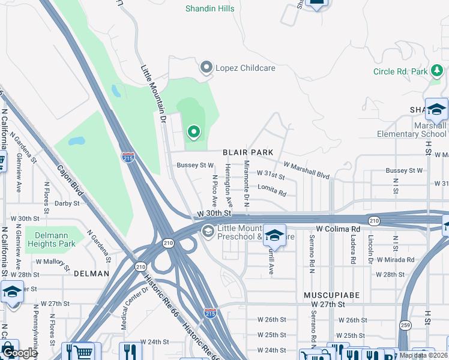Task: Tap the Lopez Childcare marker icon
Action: [x=207, y=68]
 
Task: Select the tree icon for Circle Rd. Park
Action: [x=438, y=71]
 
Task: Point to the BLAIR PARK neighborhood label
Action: [x=248, y=153]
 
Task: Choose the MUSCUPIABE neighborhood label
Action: [x=328, y=296]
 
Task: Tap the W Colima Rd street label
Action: [x=338, y=229]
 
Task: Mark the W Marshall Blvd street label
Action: [x=307, y=169]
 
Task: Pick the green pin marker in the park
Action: [x=193, y=131]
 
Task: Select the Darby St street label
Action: [x=67, y=203]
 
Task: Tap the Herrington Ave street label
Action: [x=229, y=193]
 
